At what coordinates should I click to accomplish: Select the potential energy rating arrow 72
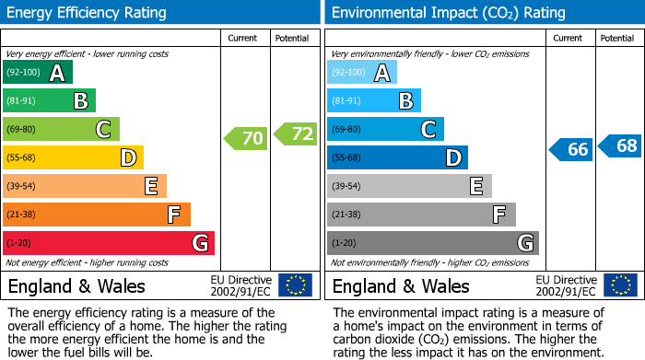point(295,134)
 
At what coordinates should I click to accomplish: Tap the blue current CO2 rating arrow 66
point(570,149)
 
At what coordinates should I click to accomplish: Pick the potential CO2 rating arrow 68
point(620,145)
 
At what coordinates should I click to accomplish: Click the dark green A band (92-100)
point(38,73)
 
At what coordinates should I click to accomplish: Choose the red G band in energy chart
point(109,243)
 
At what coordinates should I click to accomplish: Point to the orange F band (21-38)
point(97,215)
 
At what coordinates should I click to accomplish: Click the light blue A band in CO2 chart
point(362,73)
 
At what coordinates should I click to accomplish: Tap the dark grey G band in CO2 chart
point(432,243)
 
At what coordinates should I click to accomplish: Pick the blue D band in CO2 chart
point(397,158)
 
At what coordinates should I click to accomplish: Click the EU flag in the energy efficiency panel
point(295,285)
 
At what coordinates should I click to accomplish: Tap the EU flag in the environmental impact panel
point(619,285)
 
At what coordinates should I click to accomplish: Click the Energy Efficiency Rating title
point(88,13)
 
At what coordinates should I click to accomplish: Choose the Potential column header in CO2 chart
point(617,39)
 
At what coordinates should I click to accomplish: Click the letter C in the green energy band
point(103,130)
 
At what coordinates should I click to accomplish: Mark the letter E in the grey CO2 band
point(475,186)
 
